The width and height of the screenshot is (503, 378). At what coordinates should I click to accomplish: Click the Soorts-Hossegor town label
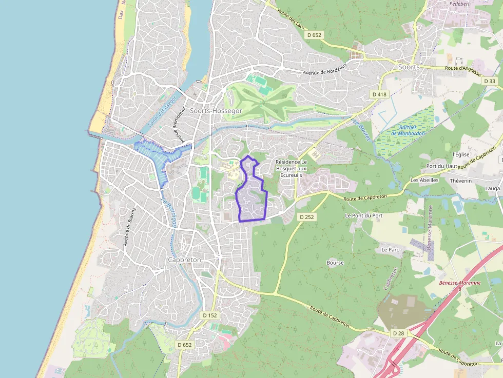[216, 110]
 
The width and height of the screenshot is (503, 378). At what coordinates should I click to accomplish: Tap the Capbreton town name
[184, 260]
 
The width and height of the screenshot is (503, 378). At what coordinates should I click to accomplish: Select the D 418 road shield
[379, 94]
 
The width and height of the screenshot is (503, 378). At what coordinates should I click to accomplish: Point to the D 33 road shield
[490, 81]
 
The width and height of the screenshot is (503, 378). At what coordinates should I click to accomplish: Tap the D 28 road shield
[398, 333]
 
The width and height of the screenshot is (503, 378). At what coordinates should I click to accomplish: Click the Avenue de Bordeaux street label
[325, 68]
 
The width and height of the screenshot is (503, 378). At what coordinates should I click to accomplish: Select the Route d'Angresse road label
[462, 68]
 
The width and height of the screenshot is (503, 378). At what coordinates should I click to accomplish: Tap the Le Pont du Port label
[363, 215]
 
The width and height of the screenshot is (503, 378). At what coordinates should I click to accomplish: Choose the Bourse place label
[335, 263]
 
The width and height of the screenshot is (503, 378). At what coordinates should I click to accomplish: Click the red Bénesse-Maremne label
[460, 283]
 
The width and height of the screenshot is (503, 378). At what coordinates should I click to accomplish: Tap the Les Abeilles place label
[424, 180]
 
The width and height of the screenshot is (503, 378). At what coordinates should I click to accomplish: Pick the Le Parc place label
[390, 249]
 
